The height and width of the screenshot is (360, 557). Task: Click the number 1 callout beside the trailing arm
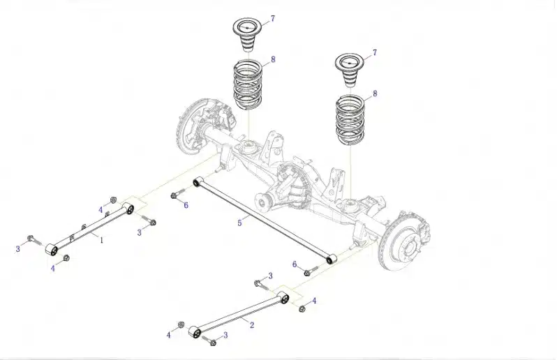point(102,241)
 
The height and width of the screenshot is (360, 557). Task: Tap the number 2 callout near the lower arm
point(252,325)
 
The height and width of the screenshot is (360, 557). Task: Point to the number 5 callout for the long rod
point(240,223)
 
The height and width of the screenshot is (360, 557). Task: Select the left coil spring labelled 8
point(248,85)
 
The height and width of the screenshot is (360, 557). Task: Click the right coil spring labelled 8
point(350,120)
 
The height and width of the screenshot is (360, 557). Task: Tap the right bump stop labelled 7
point(350,69)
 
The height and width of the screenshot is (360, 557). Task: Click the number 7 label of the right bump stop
point(375,53)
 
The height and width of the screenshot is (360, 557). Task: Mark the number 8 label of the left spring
point(273,59)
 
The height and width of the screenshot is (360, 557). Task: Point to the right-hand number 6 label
point(295,264)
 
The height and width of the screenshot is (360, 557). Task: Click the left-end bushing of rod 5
point(197,183)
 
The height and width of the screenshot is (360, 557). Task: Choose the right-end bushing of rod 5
point(332,260)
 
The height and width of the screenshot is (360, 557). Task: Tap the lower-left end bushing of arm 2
point(194,331)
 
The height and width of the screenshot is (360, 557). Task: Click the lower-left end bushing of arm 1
point(52,249)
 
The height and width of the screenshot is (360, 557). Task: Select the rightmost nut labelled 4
point(302,309)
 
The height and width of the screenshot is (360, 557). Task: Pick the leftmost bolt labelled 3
point(33,239)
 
